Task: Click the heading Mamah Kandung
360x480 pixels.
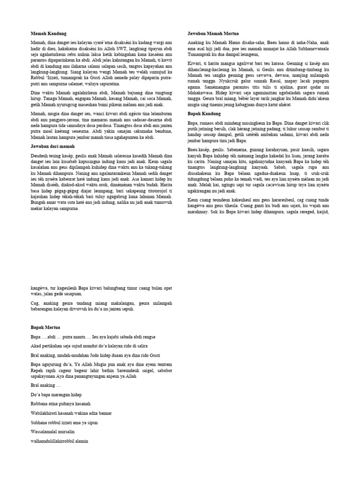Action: pos(48,34)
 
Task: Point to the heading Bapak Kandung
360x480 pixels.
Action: pos(204,114)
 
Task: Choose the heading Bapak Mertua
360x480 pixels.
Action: pos(45,326)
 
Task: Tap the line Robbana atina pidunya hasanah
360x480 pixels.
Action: pos(60,403)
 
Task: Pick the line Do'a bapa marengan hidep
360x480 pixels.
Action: pos(56,394)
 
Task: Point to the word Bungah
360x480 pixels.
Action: pos(39,202)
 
